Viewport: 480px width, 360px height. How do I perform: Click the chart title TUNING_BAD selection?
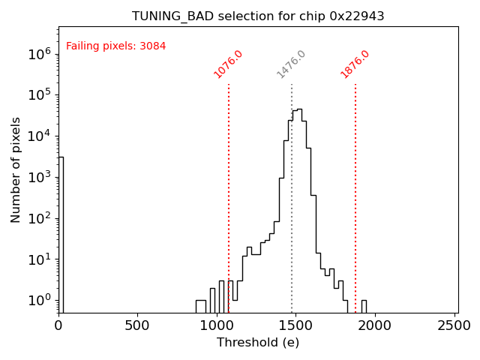tap(258, 16)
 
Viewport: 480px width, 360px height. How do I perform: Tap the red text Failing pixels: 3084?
tap(116, 46)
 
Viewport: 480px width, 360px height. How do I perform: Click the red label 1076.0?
tap(228, 64)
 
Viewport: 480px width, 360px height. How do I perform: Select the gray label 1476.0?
tap(291, 64)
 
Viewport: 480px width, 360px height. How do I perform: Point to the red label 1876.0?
tap(355, 64)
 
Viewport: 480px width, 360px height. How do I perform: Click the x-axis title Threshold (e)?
tap(258, 343)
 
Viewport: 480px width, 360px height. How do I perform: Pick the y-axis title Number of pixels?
tap(16, 169)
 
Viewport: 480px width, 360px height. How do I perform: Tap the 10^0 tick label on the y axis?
tap(39, 301)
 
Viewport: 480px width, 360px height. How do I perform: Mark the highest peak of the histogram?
tap(299, 109)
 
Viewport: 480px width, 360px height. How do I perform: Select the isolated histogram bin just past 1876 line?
tap(364, 306)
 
